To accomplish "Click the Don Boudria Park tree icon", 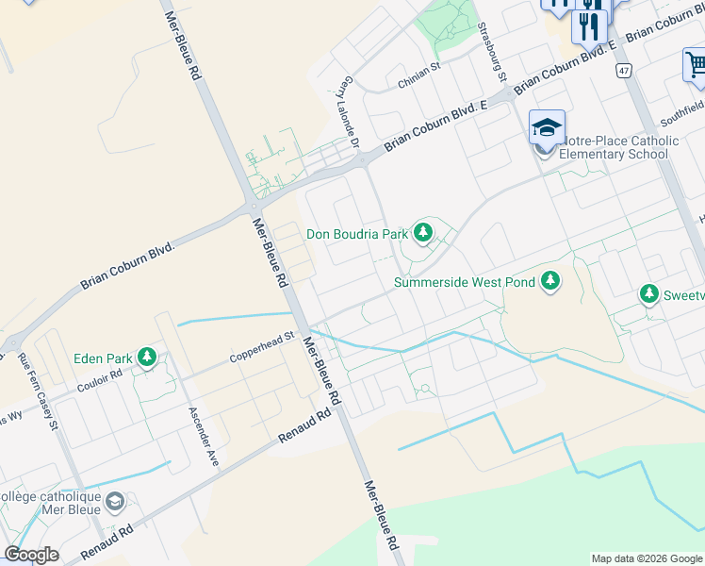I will [x=423, y=232].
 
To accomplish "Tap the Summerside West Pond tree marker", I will [x=550, y=281].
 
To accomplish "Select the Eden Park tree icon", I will [x=146, y=358].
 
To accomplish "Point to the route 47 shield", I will [x=624, y=71].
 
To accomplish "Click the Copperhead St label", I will [x=264, y=347].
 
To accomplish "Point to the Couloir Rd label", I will [x=100, y=378].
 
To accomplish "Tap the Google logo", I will [x=31, y=555].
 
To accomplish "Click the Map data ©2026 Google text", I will [x=647, y=558].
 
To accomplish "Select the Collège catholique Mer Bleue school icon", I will [x=115, y=500].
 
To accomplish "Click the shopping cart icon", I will [x=696, y=64].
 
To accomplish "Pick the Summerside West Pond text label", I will [x=465, y=282].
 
